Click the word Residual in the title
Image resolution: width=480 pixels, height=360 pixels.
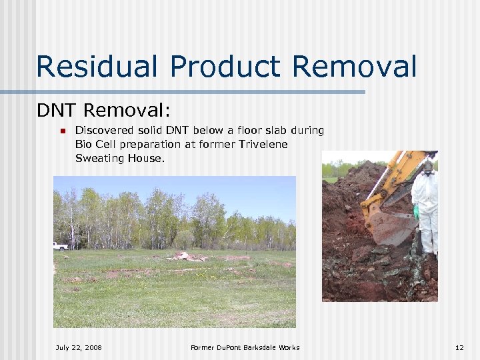(97, 67)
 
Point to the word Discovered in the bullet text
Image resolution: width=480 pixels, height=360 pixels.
(104, 131)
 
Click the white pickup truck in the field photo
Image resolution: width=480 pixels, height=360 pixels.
(60, 246)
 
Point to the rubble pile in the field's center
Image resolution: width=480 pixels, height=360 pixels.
(190, 256)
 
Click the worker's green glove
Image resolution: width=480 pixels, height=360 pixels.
(415, 213)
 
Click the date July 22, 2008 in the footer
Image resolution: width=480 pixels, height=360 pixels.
(79, 347)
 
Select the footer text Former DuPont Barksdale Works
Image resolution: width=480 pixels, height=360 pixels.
(245, 347)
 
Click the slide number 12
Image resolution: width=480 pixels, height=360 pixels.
(459, 347)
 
